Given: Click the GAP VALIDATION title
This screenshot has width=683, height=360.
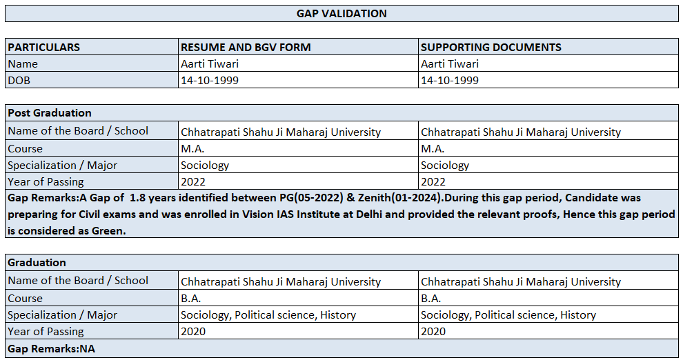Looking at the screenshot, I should point(341,13).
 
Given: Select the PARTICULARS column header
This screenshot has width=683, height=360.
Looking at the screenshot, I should point(43,48).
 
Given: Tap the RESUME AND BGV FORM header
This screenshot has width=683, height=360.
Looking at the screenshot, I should point(246,48).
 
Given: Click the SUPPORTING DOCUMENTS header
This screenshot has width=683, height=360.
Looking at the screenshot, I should point(491,48).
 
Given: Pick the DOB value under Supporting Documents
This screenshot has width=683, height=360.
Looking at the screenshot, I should point(449,80).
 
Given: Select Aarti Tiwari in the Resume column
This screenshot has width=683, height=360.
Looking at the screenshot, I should point(210,64).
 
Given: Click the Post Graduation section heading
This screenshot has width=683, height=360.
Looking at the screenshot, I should point(49,112).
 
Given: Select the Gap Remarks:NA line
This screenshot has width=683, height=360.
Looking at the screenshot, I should point(51,349).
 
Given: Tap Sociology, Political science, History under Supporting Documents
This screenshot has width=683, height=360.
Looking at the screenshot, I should point(508,315).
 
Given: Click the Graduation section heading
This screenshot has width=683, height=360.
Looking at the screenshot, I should point(37,262).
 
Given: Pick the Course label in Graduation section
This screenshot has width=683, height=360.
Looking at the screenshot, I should point(25,299).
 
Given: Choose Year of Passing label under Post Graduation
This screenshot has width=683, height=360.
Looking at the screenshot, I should point(46,182).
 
